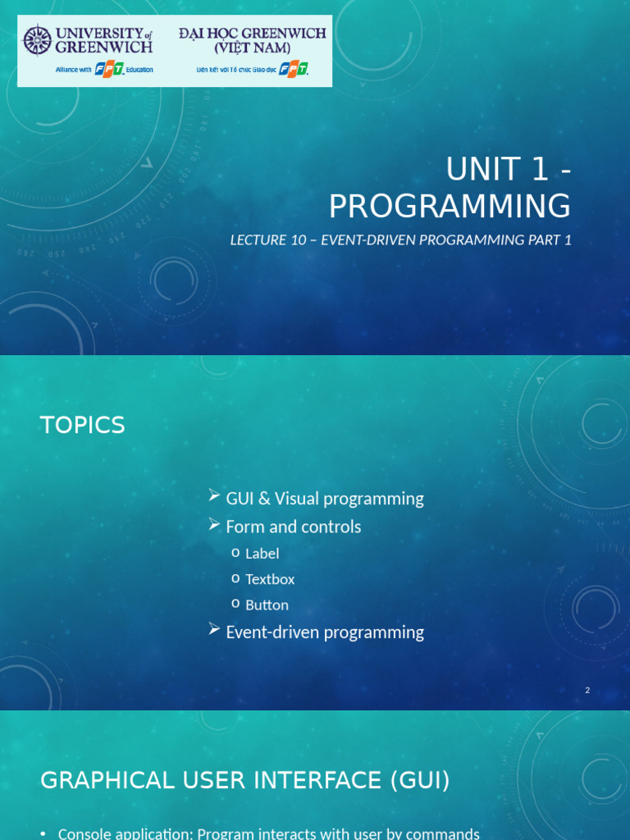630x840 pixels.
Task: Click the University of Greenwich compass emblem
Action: point(37,40)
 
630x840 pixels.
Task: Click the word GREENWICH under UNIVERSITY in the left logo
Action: point(103,48)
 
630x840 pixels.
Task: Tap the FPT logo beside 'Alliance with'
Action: point(110,70)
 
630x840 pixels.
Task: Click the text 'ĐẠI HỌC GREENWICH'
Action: point(252,34)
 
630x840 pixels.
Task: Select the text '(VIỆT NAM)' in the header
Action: point(252,48)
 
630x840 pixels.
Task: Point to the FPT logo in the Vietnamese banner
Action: point(294,70)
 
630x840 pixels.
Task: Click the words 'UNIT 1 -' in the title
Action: point(508,170)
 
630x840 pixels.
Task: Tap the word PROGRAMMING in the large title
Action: point(450,206)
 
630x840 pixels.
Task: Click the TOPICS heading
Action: point(83,425)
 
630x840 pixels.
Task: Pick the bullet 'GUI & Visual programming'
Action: point(324,499)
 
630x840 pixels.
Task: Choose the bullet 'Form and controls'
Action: point(293,527)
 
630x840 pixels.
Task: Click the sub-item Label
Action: point(262,554)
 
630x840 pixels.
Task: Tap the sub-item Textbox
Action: point(270,579)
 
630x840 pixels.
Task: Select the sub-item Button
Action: point(267,605)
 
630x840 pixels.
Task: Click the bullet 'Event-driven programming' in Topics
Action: point(324,632)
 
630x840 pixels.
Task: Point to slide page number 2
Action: point(587,691)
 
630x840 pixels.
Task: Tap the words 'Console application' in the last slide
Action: point(123,833)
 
